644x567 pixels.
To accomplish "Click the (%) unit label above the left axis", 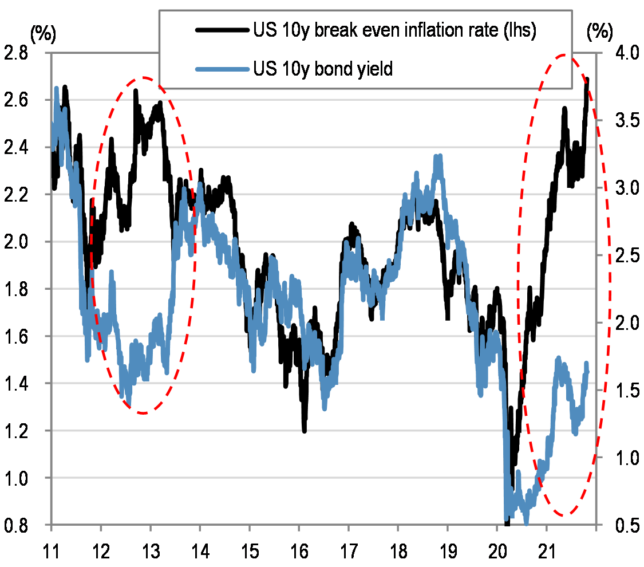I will (44, 34).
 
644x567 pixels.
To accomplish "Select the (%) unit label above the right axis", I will (599, 34).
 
